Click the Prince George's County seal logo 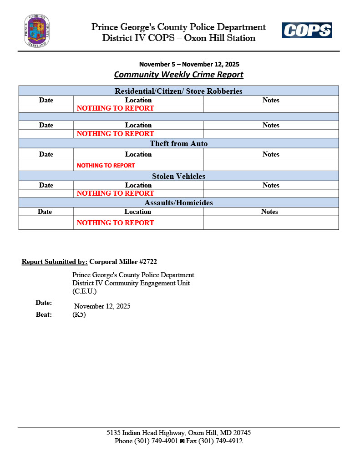(37, 31)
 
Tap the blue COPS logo (306, 30)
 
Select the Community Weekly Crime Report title (178, 75)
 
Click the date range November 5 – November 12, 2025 (189, 64)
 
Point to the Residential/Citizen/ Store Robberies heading (178, 91)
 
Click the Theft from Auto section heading (178, 144)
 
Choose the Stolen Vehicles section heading (178, 176)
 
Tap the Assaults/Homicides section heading (178, 203)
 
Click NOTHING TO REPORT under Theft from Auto (106, 166)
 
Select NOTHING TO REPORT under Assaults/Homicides (115, 223)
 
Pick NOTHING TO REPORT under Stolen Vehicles (115, 193)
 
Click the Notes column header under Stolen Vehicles (271, 185)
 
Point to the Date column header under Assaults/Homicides (45, 212)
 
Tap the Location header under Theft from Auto (138, 154)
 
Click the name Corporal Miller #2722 (123, 262)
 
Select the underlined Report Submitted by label (55, 262)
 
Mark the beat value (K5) (79, 314)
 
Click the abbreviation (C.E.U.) (85, 291)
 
